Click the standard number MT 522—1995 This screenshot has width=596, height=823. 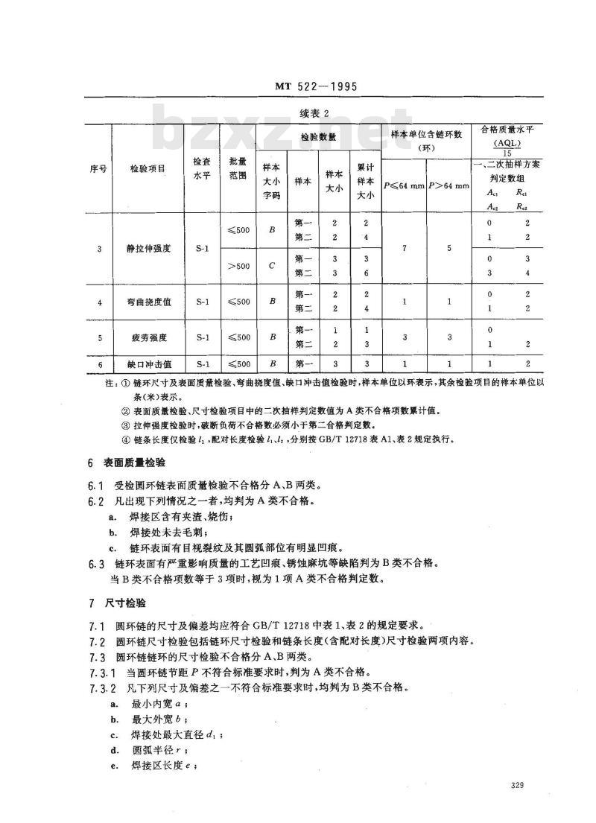click(311, 87)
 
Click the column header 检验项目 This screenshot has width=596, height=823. click(148, 169)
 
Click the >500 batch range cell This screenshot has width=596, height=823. click(239, 266)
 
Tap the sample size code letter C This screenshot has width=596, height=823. click(273, 266)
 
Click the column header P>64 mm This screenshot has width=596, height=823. click(449, 184)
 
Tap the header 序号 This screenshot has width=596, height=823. click(98, 169)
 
